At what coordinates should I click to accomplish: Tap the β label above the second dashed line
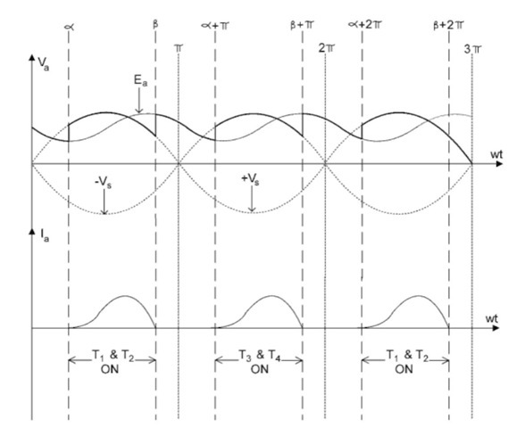click(155, 25)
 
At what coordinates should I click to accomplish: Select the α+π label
click(215, 25)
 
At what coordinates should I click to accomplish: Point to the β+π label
click(302, 25)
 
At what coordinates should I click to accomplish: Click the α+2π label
click(364, 25)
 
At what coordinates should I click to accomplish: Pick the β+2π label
click(448, 25)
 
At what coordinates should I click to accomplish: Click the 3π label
click(472, 50)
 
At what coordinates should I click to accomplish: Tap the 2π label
click(326, 48)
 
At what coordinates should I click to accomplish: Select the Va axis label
click(44, 64)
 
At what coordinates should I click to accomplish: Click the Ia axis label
click(45, 235)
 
